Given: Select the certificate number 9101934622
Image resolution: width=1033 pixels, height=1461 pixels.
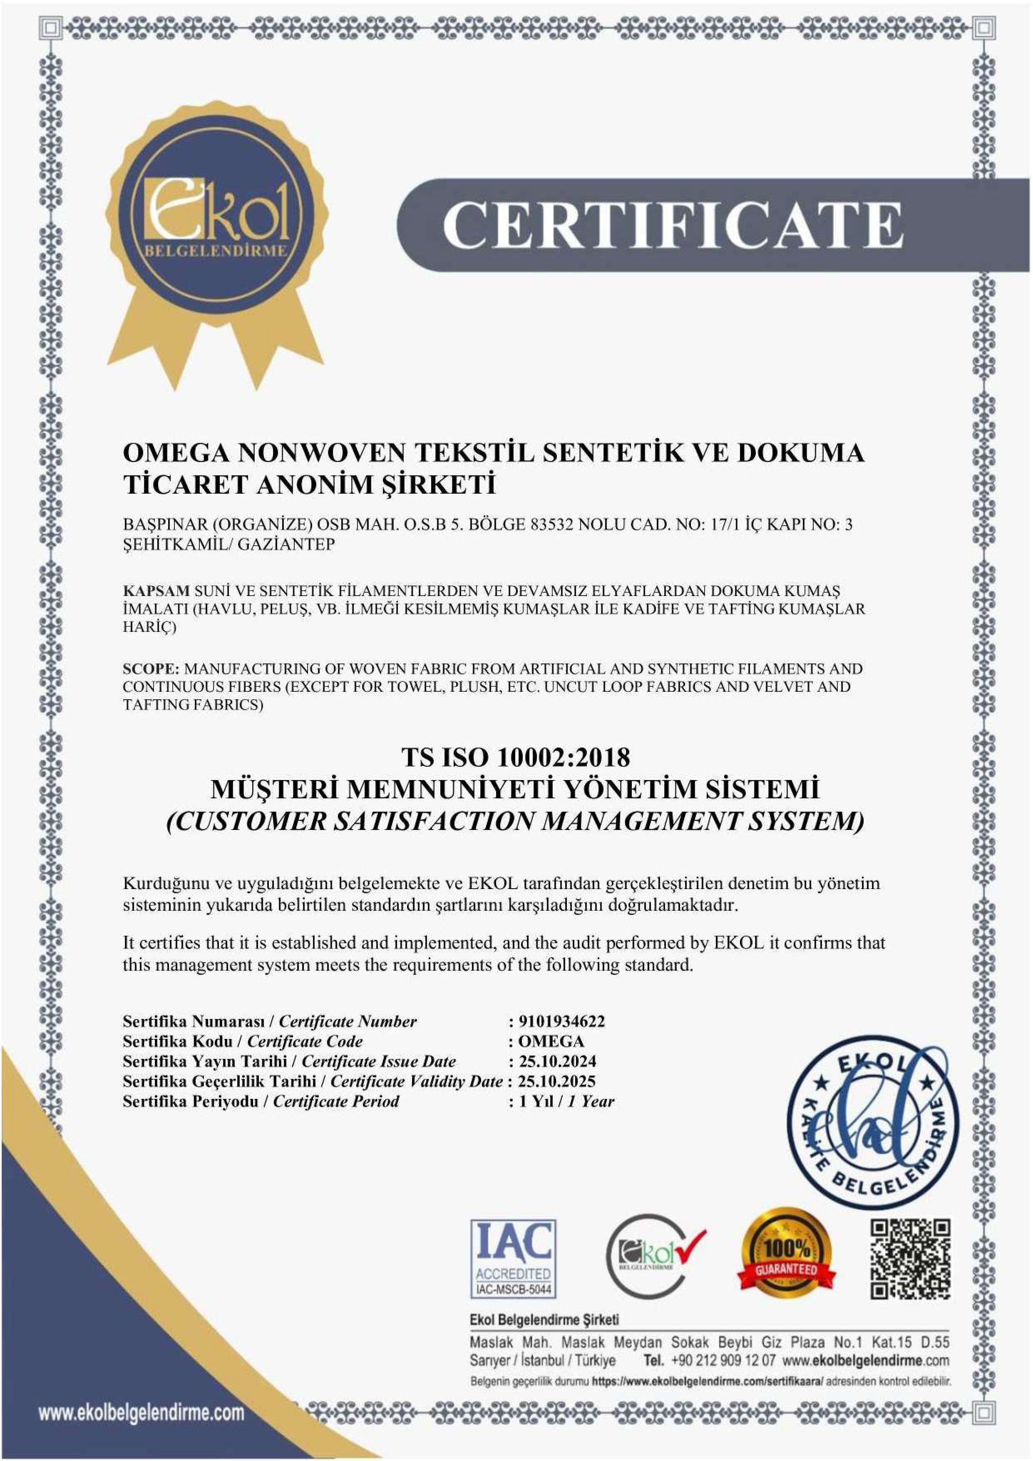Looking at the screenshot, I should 562,1021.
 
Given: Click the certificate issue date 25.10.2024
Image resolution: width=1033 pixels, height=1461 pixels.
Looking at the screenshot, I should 557,1061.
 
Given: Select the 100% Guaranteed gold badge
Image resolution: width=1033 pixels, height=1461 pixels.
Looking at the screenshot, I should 786,1254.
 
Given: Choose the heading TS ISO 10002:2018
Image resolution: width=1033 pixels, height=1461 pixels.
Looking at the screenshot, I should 515,757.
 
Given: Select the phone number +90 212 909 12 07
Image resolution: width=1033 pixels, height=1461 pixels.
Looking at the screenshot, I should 723,1360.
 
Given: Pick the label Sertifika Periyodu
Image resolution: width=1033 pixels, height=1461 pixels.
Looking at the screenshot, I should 190,1101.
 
